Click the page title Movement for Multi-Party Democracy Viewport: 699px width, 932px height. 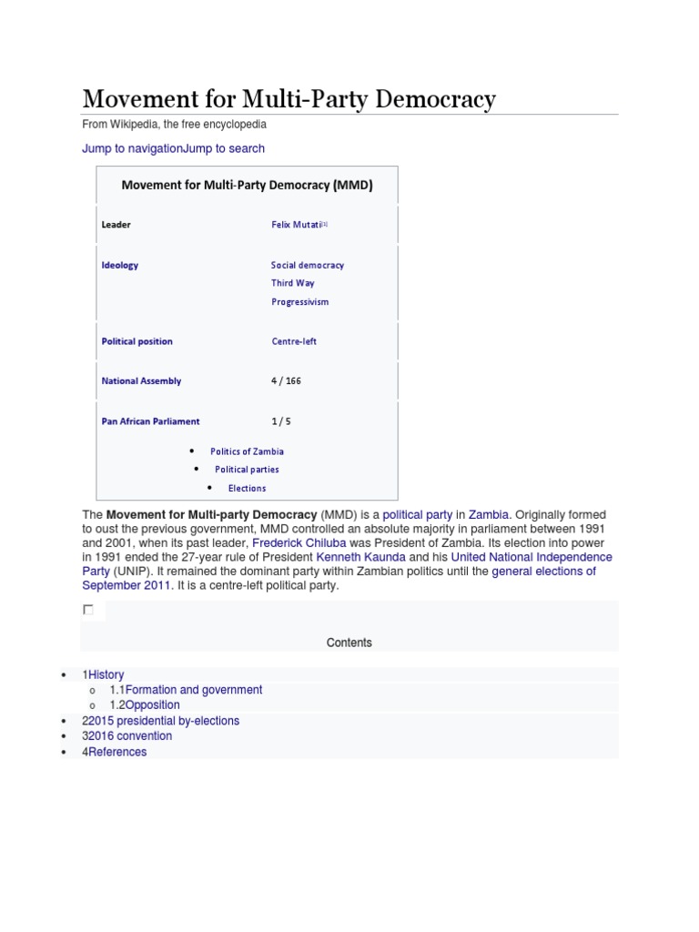pyautogui.click(x=289, y=98)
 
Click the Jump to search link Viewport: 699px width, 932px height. pyautogui.click(x=224, y=148)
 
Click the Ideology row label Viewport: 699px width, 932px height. pyautogui.click(x=120, y=266)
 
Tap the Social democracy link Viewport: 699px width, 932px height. pyautogui.click(x=308, y=266)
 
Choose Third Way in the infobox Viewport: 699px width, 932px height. pyautogui.click(x=293, y=283)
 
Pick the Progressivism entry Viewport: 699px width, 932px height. pyautogui.click(x=300, y=302)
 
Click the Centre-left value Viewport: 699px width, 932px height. pyautogui.click(x=294, y=342)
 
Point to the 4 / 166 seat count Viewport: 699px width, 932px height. pyautogui.click(x=286, y=381)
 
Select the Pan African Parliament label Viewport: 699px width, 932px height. pyautogui.click(x=151, y=421)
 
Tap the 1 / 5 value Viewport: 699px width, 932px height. pyautogui.click(x=281, y=421)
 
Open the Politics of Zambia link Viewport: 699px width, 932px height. pyautogui.click(x=247, y=451)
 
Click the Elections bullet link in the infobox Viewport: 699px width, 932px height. pyautogui.click(x=248, y=489)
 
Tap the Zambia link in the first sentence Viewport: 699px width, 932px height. pyautogui.click(x=489, y=515)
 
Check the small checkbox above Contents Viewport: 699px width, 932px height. pyautogui.click(x=88, y=610)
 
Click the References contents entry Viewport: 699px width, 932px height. pyautogui.click(x=117, y=752)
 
